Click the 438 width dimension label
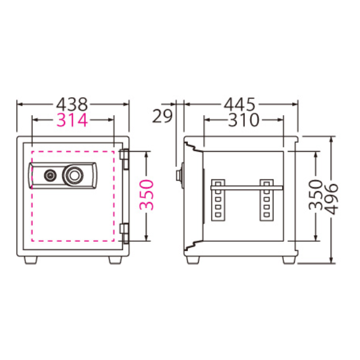[x=72, y=104]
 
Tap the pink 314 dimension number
[x=72, y=120]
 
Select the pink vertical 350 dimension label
[x=146, y=195]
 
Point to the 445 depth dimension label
[x=239, y=104]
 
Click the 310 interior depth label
[x=244, y=120]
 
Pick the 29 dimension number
[x=162, y=116]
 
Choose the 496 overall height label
[x=332, y=199]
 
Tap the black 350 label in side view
[x=316, y=195]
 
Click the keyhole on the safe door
[x=49, y=175]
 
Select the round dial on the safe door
[x=73, y=175]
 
